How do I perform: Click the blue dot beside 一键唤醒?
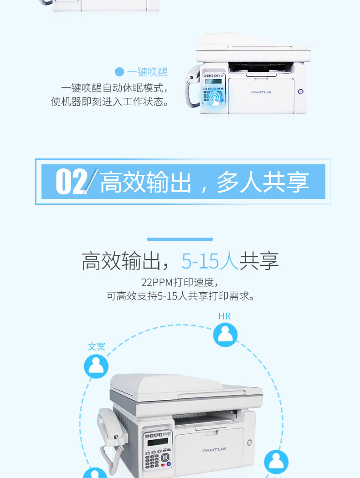pyautogui.click(x=119, y=72)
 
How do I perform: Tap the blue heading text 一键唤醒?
pyautogui.click(x=148, y=72)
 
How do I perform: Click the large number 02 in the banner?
pyautogui.click(x=72, y=181)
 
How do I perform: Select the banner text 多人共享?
pyautogui.click(x=263, y=182)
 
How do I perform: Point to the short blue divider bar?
pyautogui.click(x=180, y=239)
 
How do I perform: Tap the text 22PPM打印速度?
pyautogui.click(x=177, y=282)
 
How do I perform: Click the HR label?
pyautogui.click(x=225, y=316)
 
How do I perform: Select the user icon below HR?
pyautogui.click(x=225, y=335)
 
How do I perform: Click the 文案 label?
pyautogui.click(x=97, y=346)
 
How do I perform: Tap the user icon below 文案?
pyautogui.click(x=96, y=366)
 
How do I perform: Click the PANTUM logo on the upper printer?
pyautogui.click(x=261, y=92)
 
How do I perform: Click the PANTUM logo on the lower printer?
pyautogui.click(x=214, y=450)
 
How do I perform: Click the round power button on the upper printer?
pyautogui.click(x=300, y=92)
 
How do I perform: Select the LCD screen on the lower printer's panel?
pyautogui.click(x=157, y=442)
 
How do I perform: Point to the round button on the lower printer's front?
pyautogui.click(x=250, y=442)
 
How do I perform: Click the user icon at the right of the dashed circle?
pyautogui.click(x=276, y=462)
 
